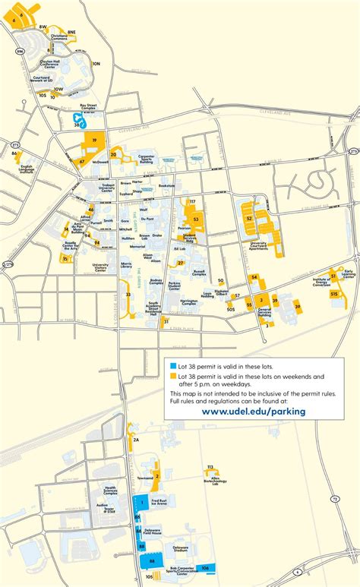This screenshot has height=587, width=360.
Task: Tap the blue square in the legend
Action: coord(173,366)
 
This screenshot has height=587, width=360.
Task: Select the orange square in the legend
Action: coord(173,376)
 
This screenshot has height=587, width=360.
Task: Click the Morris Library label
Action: coord(110,266)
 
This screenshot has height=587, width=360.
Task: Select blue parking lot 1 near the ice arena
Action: coord(141,503)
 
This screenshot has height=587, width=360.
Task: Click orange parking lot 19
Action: coord(94,142)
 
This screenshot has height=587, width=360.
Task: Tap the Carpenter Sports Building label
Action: coord(146,159)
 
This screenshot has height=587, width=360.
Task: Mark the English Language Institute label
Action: coord(27,169)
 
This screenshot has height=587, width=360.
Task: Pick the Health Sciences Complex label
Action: coord(111,491)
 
